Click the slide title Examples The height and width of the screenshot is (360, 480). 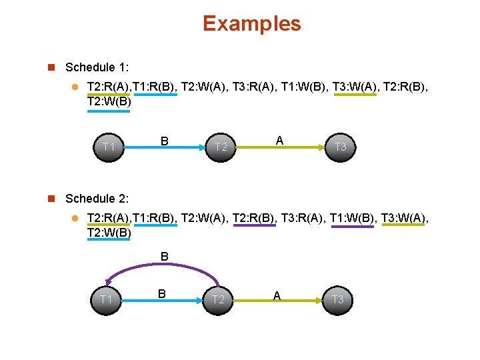coord(251,24)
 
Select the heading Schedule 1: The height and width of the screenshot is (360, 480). coord(97,67)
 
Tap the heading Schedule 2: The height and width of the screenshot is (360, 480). coord(97,199)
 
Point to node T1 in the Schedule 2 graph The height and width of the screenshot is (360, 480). coord(105,299)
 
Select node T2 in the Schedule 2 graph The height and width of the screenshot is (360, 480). coord(219,299)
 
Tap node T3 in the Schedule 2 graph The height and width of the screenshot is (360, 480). coord(338,299)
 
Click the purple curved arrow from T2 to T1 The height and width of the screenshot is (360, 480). coord(160,267)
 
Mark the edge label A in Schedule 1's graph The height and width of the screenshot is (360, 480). coord(279,140)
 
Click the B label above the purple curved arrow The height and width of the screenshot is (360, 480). coord(164,255)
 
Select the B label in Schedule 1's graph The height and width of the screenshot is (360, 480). coord(163,141)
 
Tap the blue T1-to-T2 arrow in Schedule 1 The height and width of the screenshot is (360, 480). coord(163,151)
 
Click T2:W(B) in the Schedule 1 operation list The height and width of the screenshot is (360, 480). coord(109,102)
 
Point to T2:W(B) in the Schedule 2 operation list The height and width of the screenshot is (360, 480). coord(109,232)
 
